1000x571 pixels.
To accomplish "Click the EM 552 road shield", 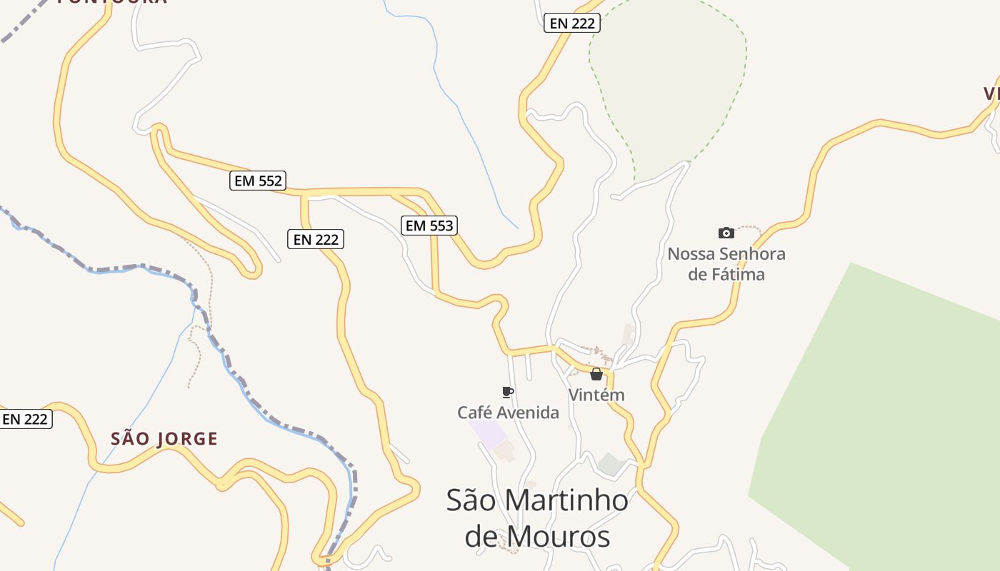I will (x=259, y=181).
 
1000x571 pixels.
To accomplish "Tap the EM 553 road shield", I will (x=429, y=226).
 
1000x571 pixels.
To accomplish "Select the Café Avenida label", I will (x=508, y=413).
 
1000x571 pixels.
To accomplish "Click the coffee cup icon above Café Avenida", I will (x=508, y=392).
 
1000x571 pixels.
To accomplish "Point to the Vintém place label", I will (x=596, y=395).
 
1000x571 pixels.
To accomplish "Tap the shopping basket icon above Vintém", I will (x=596, y=374).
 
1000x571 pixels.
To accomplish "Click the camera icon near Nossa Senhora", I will (x=726, y=233).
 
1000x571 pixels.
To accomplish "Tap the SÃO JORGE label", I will (x=164, y=439).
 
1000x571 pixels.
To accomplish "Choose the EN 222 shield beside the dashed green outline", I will (x=572, y=23).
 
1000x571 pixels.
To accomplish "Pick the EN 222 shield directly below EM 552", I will (x=316, y=239).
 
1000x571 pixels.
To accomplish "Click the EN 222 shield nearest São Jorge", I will (x=25, y=419).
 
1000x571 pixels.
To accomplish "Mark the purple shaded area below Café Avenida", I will (x=486, y=433).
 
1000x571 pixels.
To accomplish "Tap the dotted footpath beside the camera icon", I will (x=749, y=228).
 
